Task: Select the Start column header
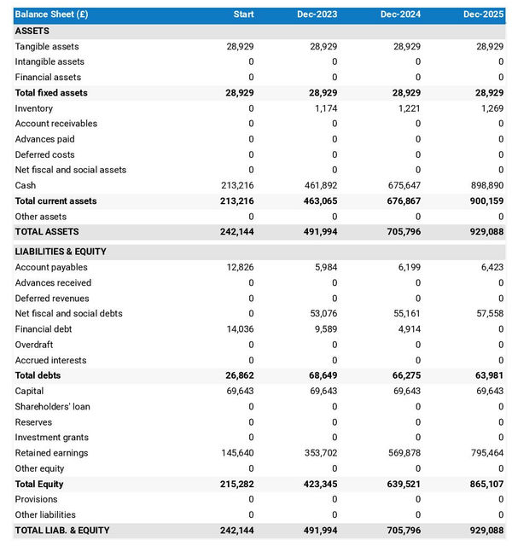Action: tap(243, 15)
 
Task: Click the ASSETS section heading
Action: tap(32, 31)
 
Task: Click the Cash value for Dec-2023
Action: tap(321, 185)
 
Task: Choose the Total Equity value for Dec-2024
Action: tap(403, 484)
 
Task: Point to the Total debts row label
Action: tap(38, 375)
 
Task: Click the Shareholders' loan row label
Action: tap(52, 407)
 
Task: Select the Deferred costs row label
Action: tap(44, 154)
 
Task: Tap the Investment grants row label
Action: tap(51, 438)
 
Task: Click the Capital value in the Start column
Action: tap(239, 391)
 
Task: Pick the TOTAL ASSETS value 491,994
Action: tap(319, 232)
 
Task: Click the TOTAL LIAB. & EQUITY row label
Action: tap(62, 531)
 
